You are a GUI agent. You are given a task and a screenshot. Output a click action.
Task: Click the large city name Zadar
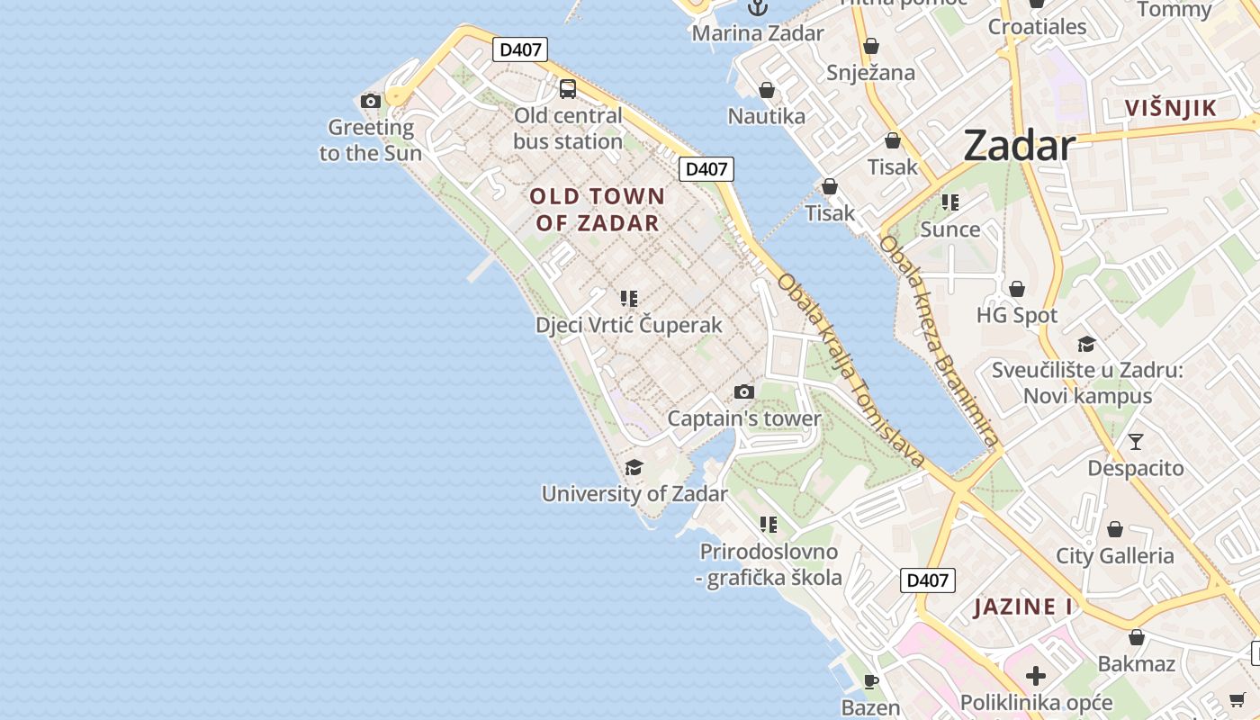[x=1019, y=146]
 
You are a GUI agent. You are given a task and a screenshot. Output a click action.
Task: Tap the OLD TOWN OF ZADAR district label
[x=598, y=210]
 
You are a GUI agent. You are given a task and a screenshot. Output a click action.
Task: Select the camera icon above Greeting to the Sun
[x=370, y=101]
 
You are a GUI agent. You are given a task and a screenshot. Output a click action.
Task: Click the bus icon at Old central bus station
[x=568, y=88]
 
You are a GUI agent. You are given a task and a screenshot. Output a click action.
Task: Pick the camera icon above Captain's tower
[x=743, y=391]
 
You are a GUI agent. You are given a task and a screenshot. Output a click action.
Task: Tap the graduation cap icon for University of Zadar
[x=634, y=467]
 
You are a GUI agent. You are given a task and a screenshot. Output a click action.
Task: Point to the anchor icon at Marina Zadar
[x=758, y=8]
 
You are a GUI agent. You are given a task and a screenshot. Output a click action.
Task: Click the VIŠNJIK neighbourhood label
[x=1170, y=109]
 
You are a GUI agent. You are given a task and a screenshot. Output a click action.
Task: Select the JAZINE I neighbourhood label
[x=1023, y=607]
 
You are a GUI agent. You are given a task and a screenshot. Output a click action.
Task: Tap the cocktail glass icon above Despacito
[x=1136, y=441]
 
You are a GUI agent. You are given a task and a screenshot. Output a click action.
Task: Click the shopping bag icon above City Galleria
[x=1115, y=529]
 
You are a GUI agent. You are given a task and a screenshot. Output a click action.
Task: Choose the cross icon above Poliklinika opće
[x=1036, y=675]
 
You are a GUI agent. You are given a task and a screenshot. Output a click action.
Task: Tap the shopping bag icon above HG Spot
[x=1017, y=289]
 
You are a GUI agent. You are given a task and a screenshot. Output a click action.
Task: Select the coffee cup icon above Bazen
[x=870, y=681]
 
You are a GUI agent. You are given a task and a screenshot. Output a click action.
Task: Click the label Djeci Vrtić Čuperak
[x=629, y=325]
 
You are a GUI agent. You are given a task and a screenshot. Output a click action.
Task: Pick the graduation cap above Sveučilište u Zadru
[x=1086, y=344]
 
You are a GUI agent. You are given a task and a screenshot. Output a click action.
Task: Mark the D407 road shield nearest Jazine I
[x=927, y=580]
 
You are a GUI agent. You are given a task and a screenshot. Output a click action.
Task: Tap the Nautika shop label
[x=767, y=116]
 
